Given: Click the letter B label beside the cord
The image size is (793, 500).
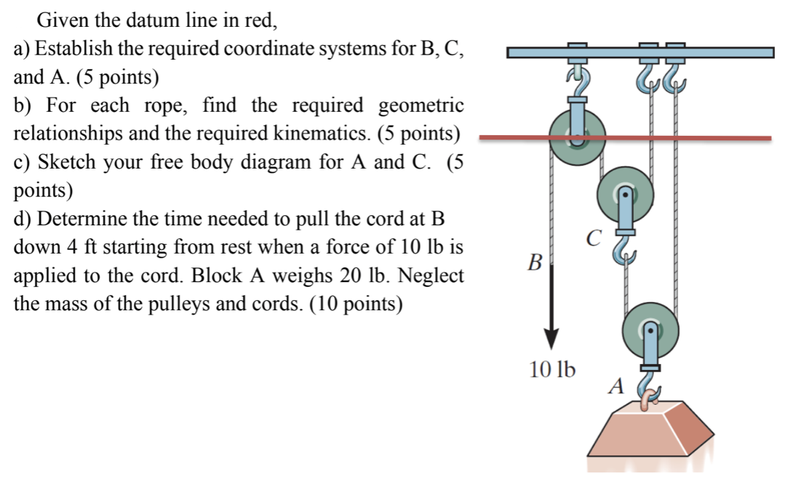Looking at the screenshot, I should pos(535,262).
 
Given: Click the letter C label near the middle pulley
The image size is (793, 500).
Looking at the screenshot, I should pos(594,237).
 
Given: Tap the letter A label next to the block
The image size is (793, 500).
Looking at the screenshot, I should pos(615,387).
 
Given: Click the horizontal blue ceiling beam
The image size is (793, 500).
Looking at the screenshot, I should pos(640,52).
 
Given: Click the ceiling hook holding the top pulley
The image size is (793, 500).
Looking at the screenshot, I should pos(576,75).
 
